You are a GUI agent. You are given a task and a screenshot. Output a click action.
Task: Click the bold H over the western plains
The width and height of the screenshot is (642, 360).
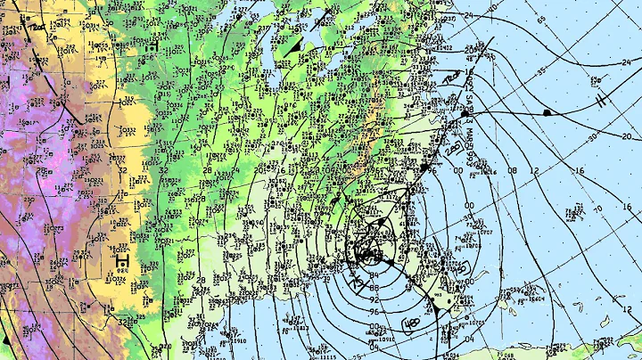tap(121, 260)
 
